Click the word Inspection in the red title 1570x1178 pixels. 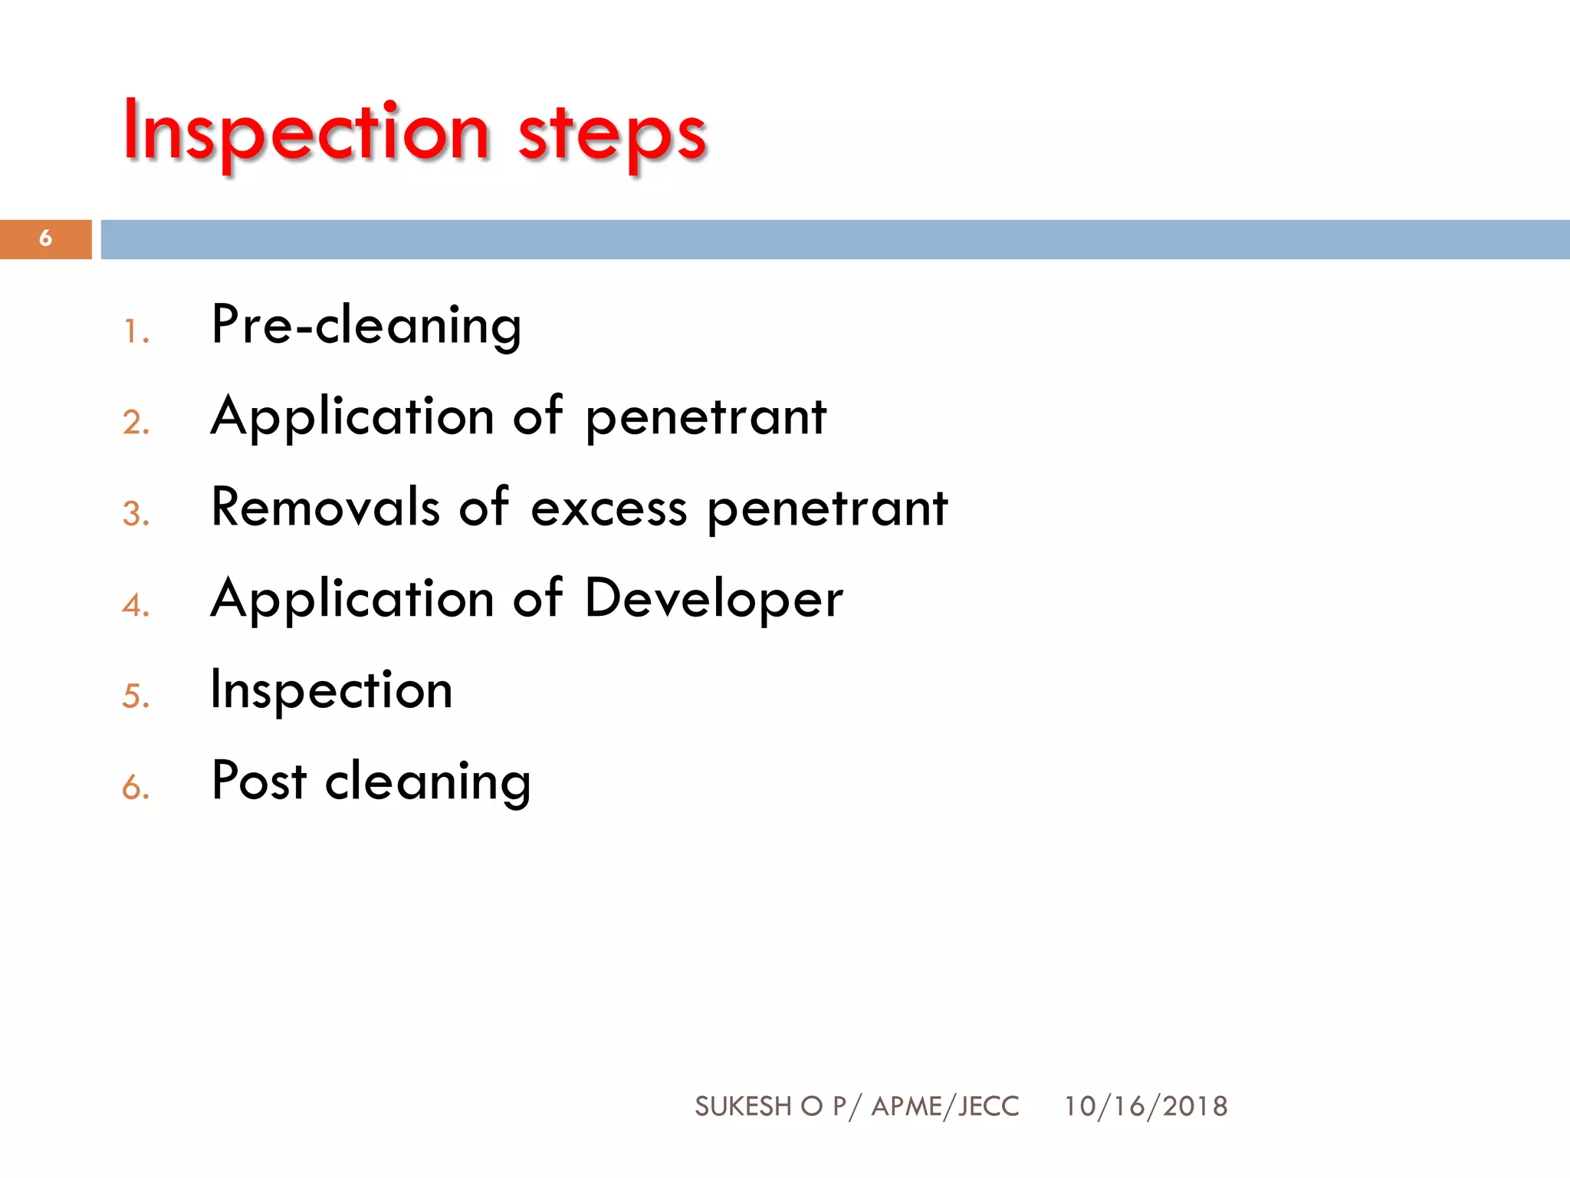pyautogui.click(x=307, y=132)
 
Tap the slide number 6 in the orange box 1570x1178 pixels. pyautogui.click(x=46, y=239)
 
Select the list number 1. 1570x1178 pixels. pyautogui.click(x=135, y=332)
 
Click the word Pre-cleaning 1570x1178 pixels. pyautogui.click(x=366, y=326)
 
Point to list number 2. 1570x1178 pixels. pyautogui.click(x=136, y=423)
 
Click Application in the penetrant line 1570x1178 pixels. pyautogui.click(x=352, y=418)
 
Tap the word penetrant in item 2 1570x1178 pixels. pyautogui.click(x=706, y=420)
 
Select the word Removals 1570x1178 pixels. pyautogui.click(x=325, y=508)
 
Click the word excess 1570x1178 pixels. pyautogui.click(x=609, y=509)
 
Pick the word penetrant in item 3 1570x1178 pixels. pyautogui.click(x=827, y=511)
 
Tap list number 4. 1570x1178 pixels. pyautogui.click(x=136, y=606)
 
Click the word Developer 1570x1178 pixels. pyautogui.click(x=714, y=601)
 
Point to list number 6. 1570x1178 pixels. pyautogui.click(x=136, y=788)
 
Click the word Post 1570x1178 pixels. pyautogui.click(x=259, y=781)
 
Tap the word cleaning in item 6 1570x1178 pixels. pyautogui.click(x=428, y=783)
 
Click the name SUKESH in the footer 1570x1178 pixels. pyautogui.click(x=743, y=1107)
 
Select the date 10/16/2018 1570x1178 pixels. pyautogui.click(x=1145, y=1107)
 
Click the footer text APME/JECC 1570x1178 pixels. pyautogui.click(x=945, y=1107)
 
